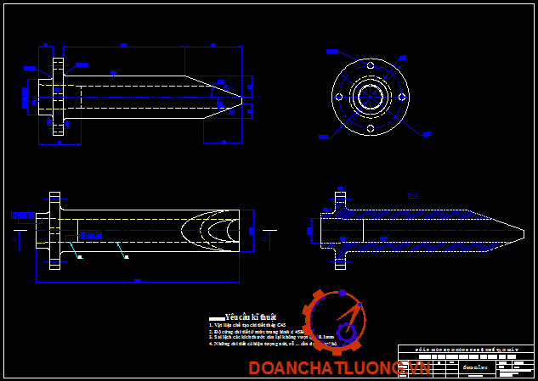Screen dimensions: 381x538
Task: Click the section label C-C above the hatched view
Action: pyautogui.click(x=414, y=196)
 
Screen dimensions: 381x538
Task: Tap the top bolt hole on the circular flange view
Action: pyautogui.click(x=370, y=64)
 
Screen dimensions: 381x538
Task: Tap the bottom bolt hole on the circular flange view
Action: pyautogui.click(x=370, y=128)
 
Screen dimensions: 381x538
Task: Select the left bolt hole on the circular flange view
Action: pyautogui.click(x=338, y=96)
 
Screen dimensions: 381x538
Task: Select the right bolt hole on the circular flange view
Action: pyautogui.click(x=402, y=96)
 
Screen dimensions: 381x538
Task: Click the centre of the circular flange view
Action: pyautogui.click(x=370, y=96)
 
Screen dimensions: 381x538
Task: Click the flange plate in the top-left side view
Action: pyautogui.click(x=58, y=95)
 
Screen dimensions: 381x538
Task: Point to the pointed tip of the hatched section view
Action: pyautogui.click(x=519, y=231)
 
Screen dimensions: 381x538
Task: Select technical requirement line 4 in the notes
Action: pyautogui.click(x=255, y=345)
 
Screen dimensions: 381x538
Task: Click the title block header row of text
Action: pyautogui.click(x=467, y=350)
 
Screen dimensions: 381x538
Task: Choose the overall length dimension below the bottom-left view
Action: pyautogui.click(x=136, y=279)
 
